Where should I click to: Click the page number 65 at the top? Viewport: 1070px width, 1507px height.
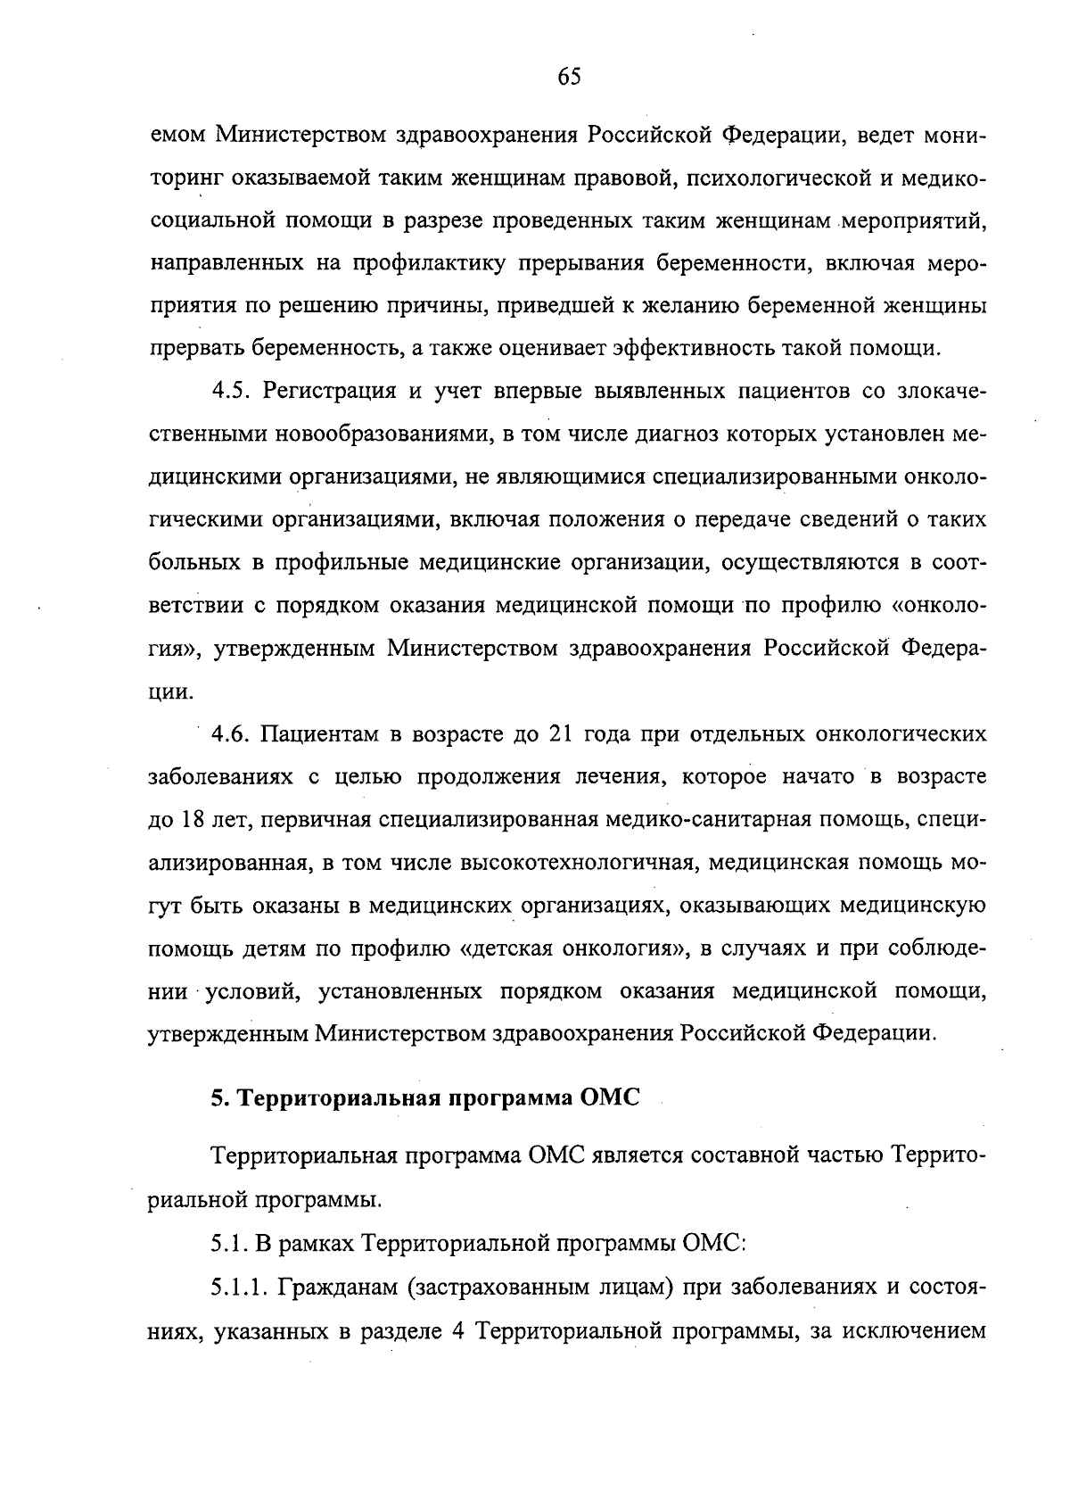tap(569, 78)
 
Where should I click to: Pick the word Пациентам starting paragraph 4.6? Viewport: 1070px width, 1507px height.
tap(317, 734)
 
